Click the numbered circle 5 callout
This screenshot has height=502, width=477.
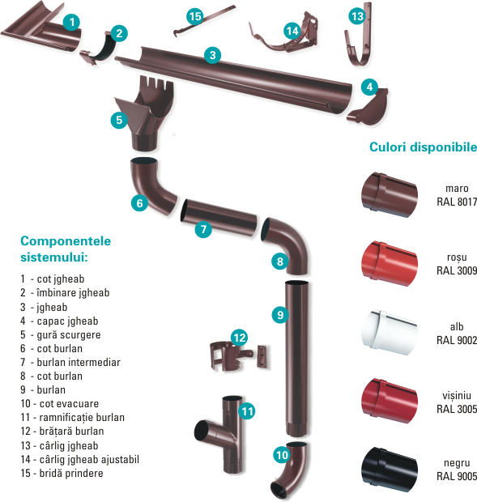119,120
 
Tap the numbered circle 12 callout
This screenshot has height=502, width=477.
240,338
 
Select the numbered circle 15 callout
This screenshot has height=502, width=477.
195,16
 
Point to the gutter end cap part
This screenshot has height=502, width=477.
368,108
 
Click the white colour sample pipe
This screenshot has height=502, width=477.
390,332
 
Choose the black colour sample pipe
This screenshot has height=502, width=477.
390,470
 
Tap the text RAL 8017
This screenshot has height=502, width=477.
457,202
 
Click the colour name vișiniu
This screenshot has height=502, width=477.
457,396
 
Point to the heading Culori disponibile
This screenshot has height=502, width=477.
423,147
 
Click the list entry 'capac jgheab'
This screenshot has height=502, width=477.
67,321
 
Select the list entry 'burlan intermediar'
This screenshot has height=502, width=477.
79,362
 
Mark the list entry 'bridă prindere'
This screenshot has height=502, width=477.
71,473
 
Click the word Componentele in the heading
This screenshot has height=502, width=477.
66,241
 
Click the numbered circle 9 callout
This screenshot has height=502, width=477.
280,315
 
